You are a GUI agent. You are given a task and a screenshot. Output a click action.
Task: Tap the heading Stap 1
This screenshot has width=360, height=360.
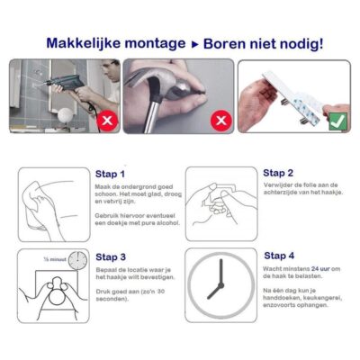pyautogui.click(x=110, y=174)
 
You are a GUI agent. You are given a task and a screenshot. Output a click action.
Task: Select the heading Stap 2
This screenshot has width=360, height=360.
pyautogui.click(x=277, y=173)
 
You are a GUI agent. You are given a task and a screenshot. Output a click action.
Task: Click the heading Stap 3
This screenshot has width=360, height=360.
pyautogui.click(x=110, y=256)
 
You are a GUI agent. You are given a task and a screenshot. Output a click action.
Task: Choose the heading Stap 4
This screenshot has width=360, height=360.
pyautogui.click(x=277, y=256)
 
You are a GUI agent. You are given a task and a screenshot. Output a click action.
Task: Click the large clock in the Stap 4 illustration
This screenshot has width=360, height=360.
pyautogui.click(x=216, y=285)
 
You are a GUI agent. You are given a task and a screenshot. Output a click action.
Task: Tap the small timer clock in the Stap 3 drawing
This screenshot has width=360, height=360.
pyautogui.click(x=76, y=260)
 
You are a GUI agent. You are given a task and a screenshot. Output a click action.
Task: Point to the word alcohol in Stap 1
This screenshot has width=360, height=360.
pyautogui.click(x=153, y=230)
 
